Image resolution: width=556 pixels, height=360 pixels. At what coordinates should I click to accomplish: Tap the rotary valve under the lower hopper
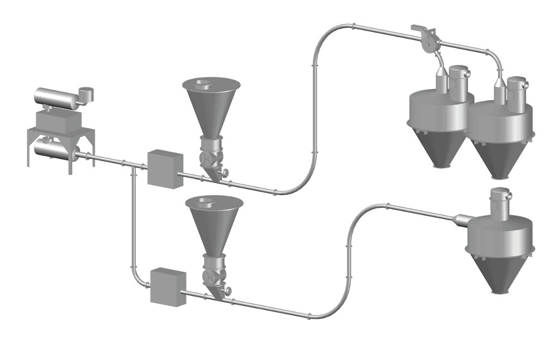coord(213,276)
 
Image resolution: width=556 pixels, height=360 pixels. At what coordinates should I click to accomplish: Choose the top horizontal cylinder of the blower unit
coord(55,99)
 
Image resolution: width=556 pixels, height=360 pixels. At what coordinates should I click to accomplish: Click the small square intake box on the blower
coord(85,92)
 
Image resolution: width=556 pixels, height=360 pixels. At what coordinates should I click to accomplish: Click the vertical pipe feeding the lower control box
coord(133,223)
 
